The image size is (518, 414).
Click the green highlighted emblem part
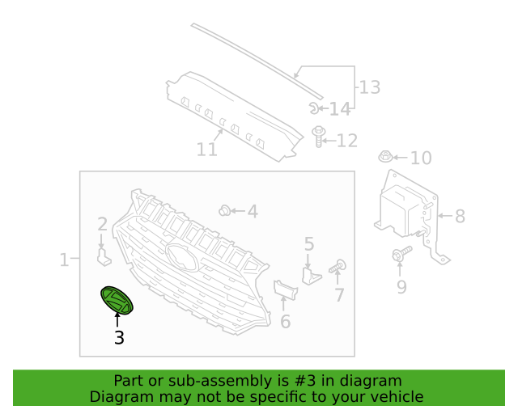tap(117, 300)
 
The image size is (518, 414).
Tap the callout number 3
tap(119, 337)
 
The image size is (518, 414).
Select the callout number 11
tap(207, 150)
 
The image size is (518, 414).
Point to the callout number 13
tap(370, 87)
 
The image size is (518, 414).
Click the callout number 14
tap(340, 109)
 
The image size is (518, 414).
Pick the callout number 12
tap(347, 141)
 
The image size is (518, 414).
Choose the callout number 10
tap(421, 158)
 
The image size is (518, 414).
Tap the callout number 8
tap(461, 216)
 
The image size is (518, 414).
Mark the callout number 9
tap(401, 287)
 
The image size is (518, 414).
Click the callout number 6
tap(286, 321)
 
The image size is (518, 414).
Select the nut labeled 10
tap(385, 157)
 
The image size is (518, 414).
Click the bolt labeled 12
tap(318, 136)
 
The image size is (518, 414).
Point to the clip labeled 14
tap(314, 108)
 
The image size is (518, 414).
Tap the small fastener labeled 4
tap(225, 210)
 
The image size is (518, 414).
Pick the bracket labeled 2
tap(104, 257)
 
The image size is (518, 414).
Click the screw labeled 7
tap(338, 266)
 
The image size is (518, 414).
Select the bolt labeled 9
tap(401, 254)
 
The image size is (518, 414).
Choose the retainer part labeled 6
tap(286, 289)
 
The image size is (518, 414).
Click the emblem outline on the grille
tap(183, 257)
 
